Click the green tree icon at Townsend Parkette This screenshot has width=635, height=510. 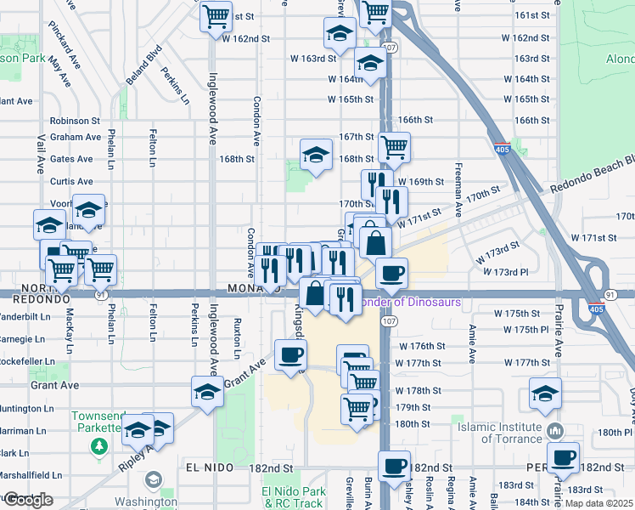tap(101, 446)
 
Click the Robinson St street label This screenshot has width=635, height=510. tap(75, 122)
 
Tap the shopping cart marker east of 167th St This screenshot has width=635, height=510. tap(394, 147)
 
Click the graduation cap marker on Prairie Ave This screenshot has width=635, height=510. tap(545, 393)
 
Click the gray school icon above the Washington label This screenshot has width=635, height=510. tap(153, 479)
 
